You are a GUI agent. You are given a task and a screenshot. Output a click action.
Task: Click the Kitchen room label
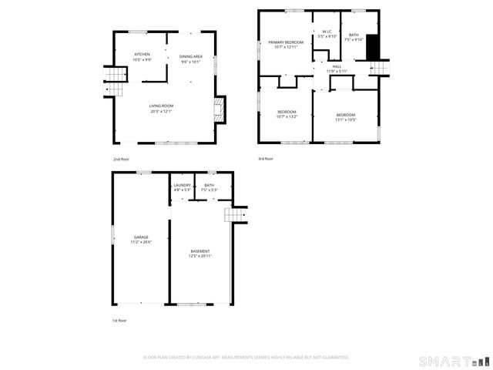(x=142, y=54)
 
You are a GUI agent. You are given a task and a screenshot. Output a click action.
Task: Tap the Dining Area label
(x=190, y=56)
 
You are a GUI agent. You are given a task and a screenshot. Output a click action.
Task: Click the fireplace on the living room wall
(x=220, y=110)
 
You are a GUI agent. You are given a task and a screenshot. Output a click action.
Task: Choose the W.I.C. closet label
(x=327, y=32)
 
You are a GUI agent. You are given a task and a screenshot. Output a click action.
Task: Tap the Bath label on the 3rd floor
(x=353, y=35)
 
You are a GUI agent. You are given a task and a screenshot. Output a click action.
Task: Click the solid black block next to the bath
(x=373, y=47)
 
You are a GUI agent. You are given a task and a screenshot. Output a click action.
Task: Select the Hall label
(x=337, y=66)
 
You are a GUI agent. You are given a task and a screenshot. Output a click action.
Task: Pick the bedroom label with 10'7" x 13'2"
(x=287, y=113)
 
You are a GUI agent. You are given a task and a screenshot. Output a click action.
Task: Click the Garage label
(x=141, y=237)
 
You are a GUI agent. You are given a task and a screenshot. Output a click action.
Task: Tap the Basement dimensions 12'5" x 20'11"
(x=200, y=256)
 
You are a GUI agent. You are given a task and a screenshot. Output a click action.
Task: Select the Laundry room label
(x=182, y=185)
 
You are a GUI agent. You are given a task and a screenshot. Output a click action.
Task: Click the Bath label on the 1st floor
(x=209, y=185)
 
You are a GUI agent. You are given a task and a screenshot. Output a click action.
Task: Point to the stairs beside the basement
(x=235, y=214)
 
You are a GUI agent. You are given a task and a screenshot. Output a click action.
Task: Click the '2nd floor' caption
(x=121, y=159)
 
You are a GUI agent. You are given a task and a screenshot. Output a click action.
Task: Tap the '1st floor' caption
(x=119, y=320)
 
